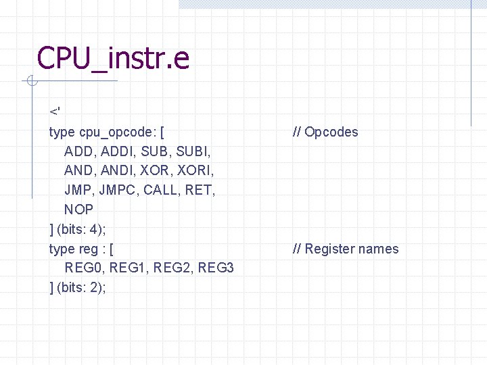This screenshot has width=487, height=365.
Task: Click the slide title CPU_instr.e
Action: [113, 58]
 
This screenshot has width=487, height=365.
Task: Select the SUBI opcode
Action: [195, 151]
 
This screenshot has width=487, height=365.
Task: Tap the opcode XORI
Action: [198, 170]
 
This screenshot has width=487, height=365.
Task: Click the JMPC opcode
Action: [118, 190]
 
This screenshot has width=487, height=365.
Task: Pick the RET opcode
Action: [199, 190]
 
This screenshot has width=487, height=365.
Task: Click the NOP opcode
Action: [78, 210]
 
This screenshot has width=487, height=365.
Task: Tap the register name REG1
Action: [129, 268]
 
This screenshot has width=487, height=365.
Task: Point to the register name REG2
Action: [173, 268]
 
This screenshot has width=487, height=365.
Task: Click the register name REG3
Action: [216, 268]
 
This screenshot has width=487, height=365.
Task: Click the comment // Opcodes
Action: [325, 132]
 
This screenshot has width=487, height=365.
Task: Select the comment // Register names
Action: [345, 249]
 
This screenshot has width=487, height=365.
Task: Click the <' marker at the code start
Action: [54, 111]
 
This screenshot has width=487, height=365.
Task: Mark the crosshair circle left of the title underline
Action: [30, 82]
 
